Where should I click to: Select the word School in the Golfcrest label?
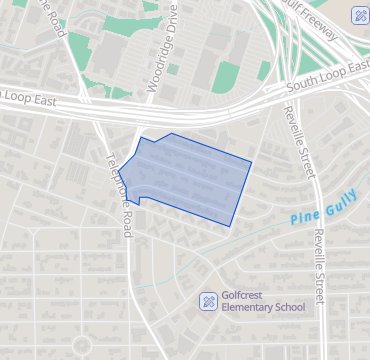click(290, 307)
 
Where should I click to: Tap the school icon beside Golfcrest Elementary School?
click(208, 300)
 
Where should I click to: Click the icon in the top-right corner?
click(359, 15)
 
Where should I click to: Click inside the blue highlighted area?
click(190, 175)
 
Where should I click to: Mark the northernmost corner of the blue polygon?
click(171, 133)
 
